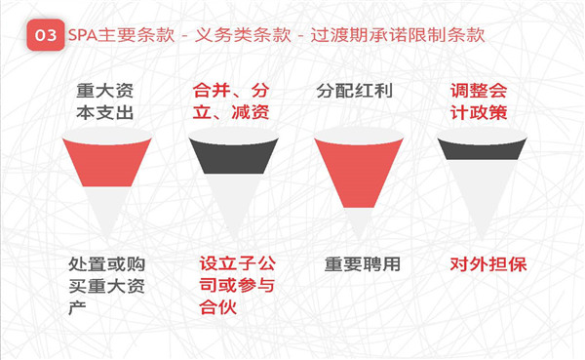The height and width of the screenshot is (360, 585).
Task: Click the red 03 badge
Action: pyautogui.click(x=46, y=35)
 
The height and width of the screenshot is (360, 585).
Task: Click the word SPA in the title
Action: pyautogui.click(x=83, y=35)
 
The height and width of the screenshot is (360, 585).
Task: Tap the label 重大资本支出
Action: pyautogui.click(x=105, y=101)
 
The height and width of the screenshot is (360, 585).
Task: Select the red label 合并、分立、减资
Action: pyautogui.click(x=231, y=101)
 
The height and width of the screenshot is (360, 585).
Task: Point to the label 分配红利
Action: pyautogui.click(x=355, y=91)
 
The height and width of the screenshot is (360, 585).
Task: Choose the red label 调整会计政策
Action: pyautogui.click(x=479, y=101)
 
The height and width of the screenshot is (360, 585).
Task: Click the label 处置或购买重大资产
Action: pyautogui.click(x=106, y=287)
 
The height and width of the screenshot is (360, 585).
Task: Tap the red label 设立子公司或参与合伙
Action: pyautogui.click(x=237, y=285)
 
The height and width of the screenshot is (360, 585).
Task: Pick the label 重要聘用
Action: pyautogui.click(x=363, y=264)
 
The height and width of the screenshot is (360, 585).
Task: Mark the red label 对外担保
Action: pyautogui.click(x=488, y=264)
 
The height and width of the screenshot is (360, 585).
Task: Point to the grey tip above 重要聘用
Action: pyautogui.click(x=359, y=222)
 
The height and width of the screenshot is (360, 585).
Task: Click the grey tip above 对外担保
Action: pyautogui.click(x=482, y=198)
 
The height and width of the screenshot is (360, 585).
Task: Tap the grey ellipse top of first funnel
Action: pyautogui.click(x=107, y=136)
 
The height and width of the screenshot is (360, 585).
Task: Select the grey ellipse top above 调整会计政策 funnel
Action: pyautogui.click(x=482, y=136)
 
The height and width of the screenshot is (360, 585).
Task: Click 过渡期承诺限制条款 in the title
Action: pyautogui.click(x=398, y=35)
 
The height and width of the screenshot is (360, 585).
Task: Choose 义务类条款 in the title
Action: pyautogui.click(x=243, y=35)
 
